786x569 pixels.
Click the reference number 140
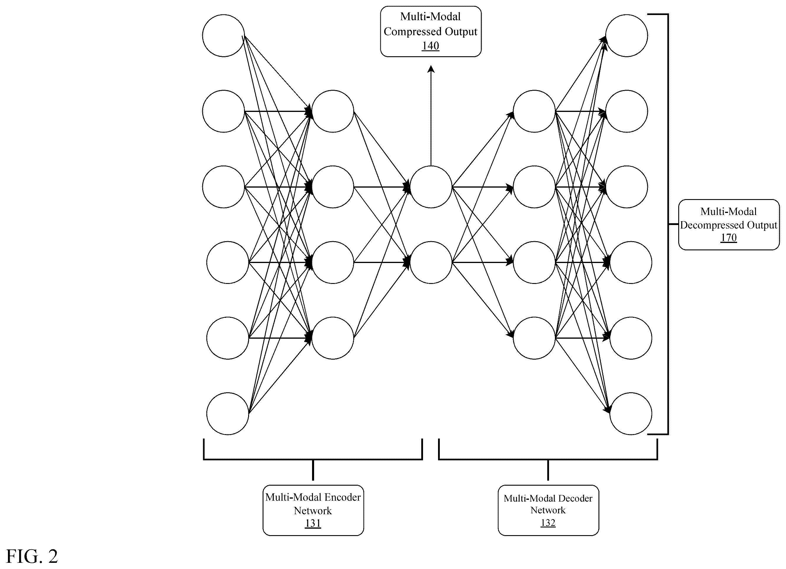pos(430,46)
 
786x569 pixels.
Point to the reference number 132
pos(548,522)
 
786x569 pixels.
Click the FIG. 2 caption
pos(32,557)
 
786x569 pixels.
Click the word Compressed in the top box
pos(413,32)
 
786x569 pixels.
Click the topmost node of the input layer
pos(223,35)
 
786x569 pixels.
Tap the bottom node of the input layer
pos(228,414)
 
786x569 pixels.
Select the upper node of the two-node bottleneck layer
pos(431,187)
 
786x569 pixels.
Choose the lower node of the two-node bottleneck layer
pos(431,262)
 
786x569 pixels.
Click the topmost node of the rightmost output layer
pos(626,35)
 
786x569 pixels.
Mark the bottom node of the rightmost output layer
pos(631,414)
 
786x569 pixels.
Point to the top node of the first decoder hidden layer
pos(534,111)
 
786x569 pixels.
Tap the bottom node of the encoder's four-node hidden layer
pos(333,338)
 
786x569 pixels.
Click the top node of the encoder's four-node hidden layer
pos(333,111)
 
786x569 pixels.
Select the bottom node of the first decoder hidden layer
pos(534,338)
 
